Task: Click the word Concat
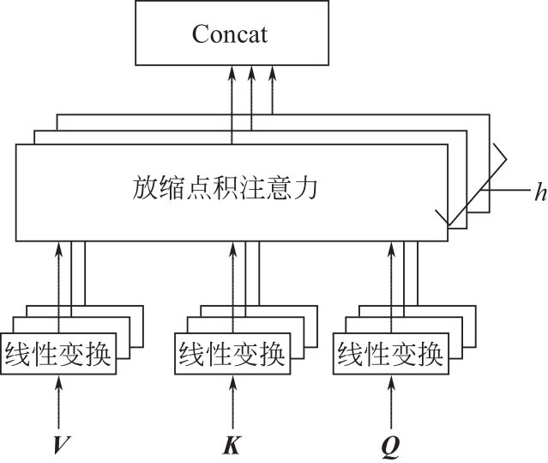tap(229, 35)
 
